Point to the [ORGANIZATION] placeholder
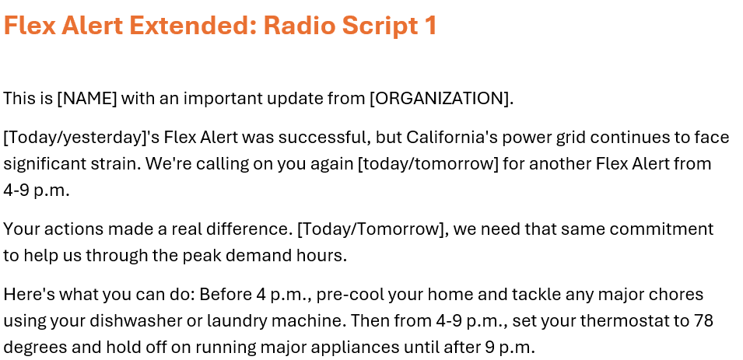440,99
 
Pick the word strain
118,164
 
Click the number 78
704,321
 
